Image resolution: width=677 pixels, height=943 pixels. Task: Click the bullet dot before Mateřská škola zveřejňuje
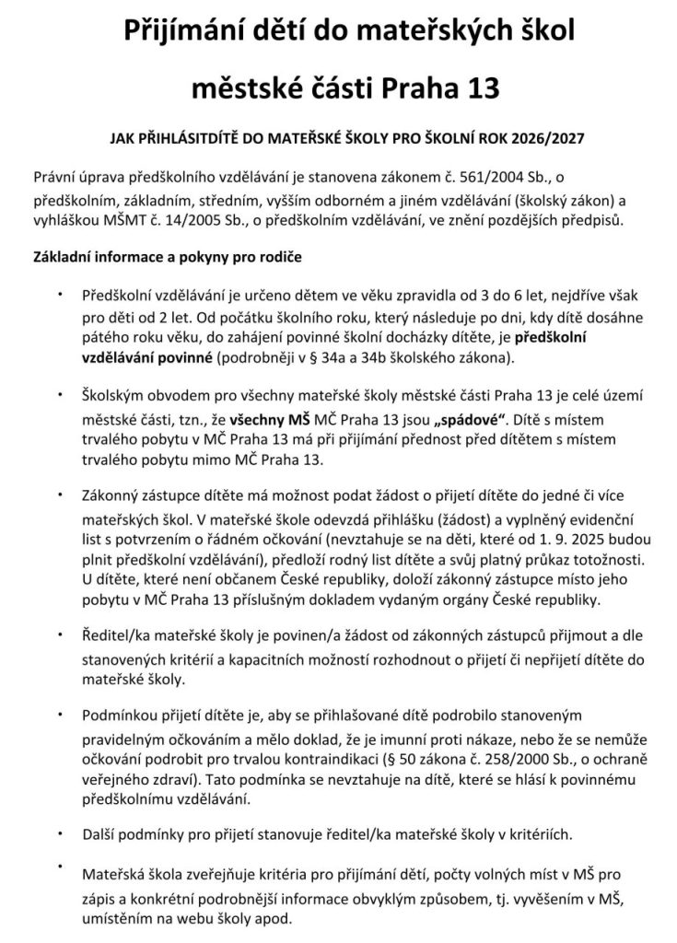[59, 865]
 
